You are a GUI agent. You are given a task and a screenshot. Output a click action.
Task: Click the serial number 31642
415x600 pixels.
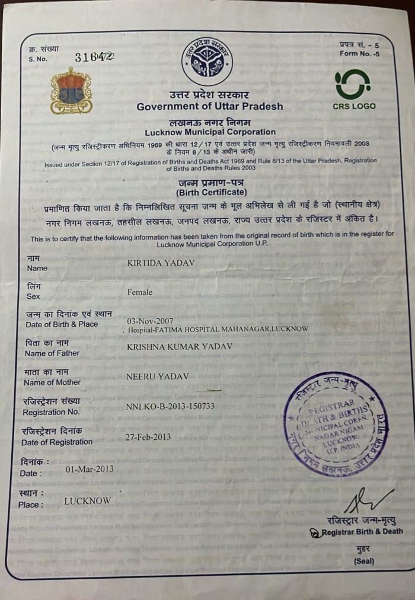[94, 57]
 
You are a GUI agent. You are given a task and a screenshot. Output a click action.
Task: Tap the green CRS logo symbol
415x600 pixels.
[352, 84]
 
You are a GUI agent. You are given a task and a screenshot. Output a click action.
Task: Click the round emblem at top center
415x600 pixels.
[207, 61]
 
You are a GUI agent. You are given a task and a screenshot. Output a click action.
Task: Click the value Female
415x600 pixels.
[140, 292]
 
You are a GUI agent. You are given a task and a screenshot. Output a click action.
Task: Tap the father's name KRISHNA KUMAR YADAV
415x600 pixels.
[180, 346]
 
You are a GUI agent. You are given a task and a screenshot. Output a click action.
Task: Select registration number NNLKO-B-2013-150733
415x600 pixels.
[171, 406]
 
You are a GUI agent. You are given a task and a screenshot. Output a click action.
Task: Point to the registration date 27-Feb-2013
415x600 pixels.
[148, 437]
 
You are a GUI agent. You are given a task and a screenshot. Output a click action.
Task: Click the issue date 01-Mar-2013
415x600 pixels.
[90, 469]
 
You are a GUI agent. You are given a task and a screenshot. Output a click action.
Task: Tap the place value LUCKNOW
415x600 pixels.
[88, 501]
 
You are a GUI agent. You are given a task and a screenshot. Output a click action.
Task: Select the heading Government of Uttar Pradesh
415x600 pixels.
[210, 107]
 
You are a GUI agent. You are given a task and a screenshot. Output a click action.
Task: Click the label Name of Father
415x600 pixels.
[52, 353]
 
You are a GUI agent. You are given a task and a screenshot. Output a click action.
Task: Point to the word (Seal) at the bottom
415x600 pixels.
[364, 561]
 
